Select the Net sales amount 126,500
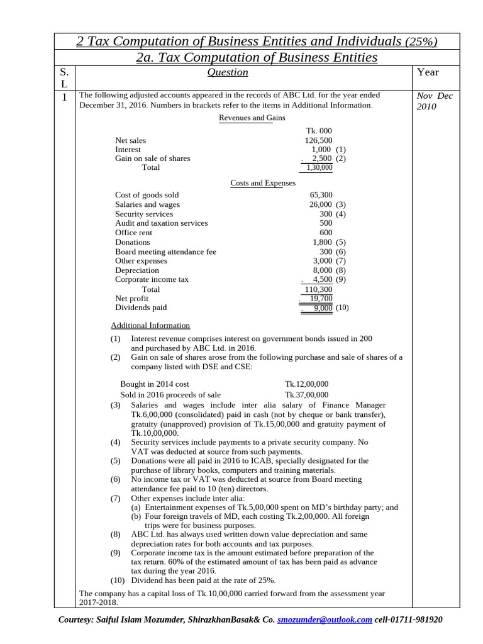click(x=319, y=141)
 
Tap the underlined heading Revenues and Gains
click(x=252, y=118)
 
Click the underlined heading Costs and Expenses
click(x=263, y=183)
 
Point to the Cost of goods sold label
click(x=147, y=196)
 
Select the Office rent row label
click(x=133, y=233)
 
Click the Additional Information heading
click(x=150, y=325)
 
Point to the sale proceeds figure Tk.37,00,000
click(x=306, y=394)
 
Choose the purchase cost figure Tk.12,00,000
click(x=306, y=384)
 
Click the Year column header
click(x=428, y=72)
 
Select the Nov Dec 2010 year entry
click(x=435, y=101)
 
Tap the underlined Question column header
click(x=227, y=72)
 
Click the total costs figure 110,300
click(x=318, y=289)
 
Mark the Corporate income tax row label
click(x=152, y=279)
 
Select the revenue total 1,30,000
click(x=319, y=168)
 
